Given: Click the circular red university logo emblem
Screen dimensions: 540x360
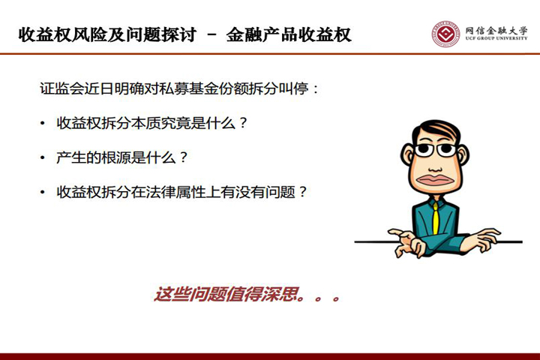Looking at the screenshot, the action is coord(446,34).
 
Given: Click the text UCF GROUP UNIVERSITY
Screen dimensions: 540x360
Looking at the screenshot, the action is coord(496,38).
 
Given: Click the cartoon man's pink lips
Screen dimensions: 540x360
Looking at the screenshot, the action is coord(435,180).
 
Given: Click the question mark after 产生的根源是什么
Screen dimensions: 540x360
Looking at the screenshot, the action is coord(183,157).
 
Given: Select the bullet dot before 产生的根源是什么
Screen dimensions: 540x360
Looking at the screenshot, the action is coord(42,157).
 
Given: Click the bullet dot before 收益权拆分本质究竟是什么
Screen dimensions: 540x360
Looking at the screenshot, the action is coord(42,123).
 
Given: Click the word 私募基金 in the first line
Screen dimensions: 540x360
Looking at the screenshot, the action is coord(189,88).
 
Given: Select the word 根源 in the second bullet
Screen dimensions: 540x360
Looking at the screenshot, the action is coord(116,157).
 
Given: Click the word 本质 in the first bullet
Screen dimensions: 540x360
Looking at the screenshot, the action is coord(145,123).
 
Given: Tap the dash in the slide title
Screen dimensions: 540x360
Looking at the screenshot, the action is coord(211,35).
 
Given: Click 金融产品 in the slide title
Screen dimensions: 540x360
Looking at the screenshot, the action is coord(262,34).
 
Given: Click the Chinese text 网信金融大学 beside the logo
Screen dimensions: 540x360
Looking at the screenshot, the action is coord(496,30).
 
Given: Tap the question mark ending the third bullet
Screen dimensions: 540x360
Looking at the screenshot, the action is coord(302,192).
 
